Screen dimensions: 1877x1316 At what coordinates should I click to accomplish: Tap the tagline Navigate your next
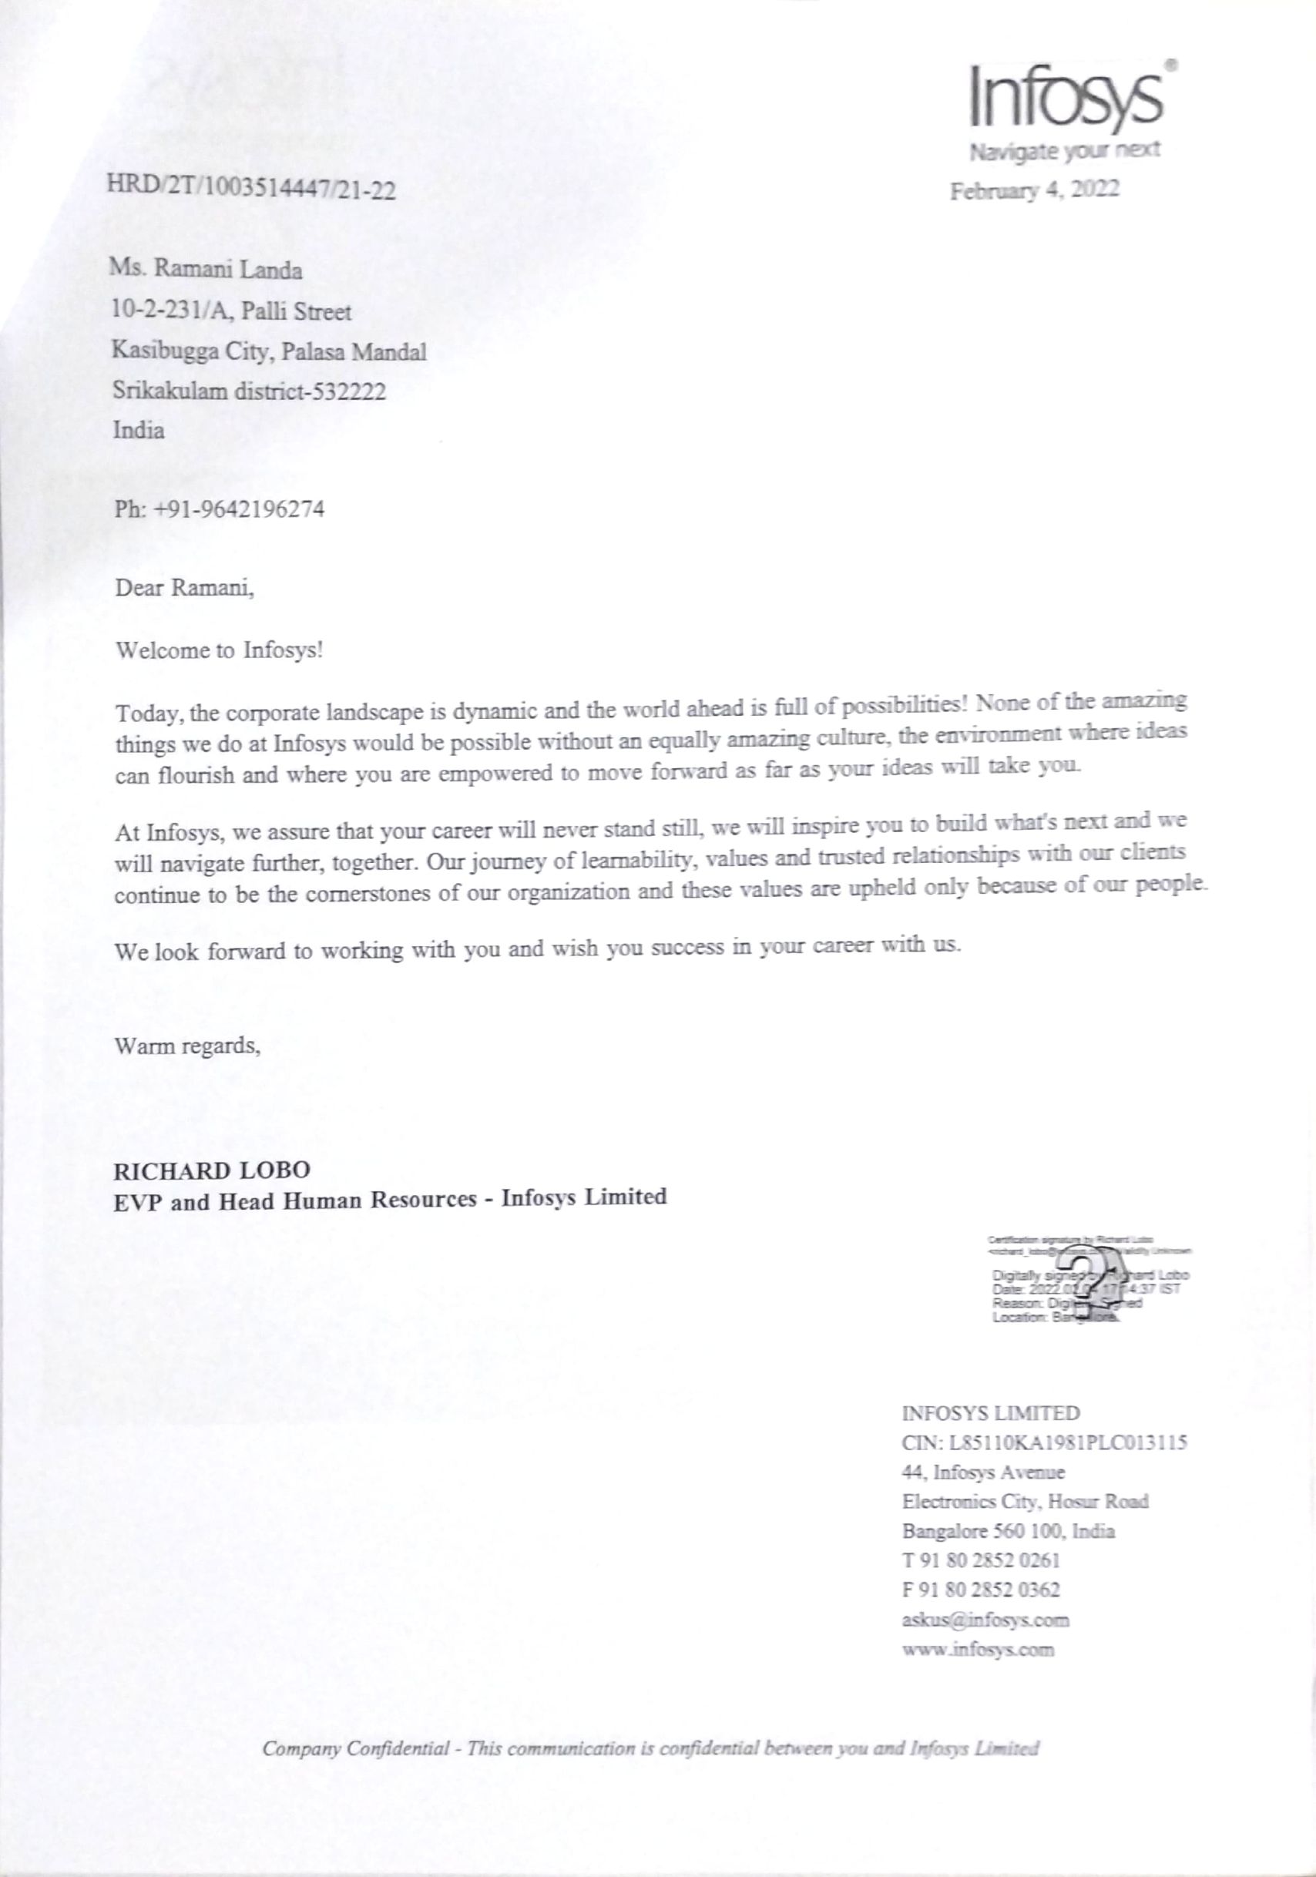pyautogui.click(x=1063, y=152)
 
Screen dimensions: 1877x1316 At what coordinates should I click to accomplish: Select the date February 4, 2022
pyautogui.click(x=1034, y=190)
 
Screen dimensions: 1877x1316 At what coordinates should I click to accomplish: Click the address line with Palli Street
pyautogui.click(x=232, y=311)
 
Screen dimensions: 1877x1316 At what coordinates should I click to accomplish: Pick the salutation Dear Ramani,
pyautogui.click(x=185, y=588)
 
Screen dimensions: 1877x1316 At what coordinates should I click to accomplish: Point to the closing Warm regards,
pyautogui.click(x=188, y=1046)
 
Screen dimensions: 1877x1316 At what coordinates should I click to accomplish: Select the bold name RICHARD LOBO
pyautogui.click(x=212, y=1170)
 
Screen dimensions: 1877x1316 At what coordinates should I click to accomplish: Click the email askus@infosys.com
pyautogui.click(x=985, y=1620)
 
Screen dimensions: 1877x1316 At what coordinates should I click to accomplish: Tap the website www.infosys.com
pyautogui.click(x=978, y=1649)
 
